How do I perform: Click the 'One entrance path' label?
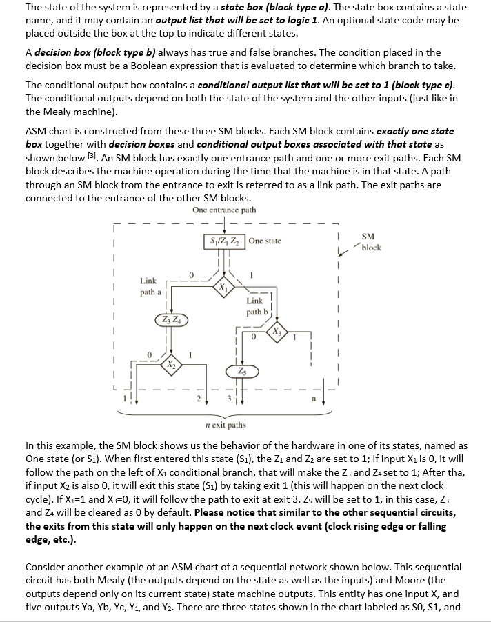click(x=224, y=210)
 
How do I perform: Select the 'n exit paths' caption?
click(x=226, y=425)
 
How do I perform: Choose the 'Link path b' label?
click(x=254, y=306)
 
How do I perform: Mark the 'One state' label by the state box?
click(x=265, y=241)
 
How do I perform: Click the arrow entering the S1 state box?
click(x=226, y=225)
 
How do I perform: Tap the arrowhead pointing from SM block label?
click(x=344, y=250)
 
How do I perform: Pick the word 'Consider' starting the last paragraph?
click(x=46, y=567)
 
